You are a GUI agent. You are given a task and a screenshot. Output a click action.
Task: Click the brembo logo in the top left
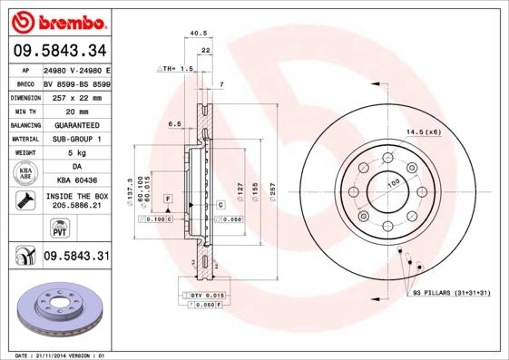[x=57, y=20]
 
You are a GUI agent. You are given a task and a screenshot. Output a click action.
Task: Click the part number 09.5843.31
[x=75, y=257]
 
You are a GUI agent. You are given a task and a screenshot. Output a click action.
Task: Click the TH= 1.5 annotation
[x=177, y=69]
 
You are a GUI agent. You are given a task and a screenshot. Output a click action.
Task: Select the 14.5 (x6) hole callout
[x=423, y=132]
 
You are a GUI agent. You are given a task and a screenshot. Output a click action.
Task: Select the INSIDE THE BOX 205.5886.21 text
[x=75, y=200]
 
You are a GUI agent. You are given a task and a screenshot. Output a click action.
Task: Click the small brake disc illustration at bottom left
[x=57, y=308]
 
